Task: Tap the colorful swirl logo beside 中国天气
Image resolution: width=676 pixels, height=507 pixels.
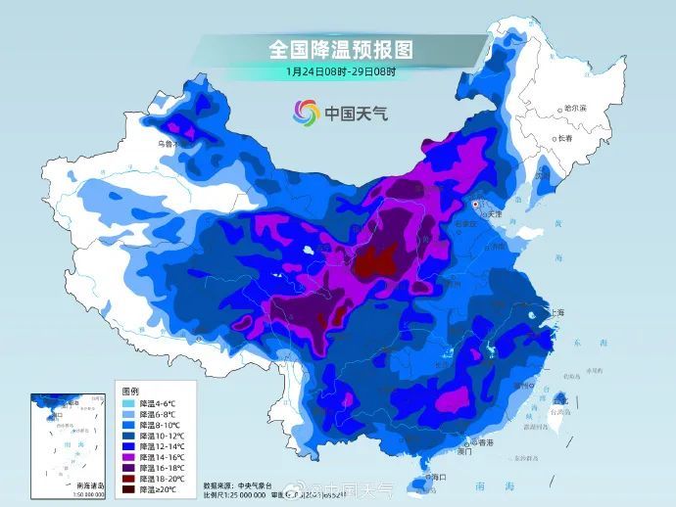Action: click(306, 113)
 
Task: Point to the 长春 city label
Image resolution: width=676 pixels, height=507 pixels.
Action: click(564, 138)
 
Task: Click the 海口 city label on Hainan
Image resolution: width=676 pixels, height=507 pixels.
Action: click(437, 477)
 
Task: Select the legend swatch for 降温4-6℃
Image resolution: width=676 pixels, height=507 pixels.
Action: click(127, 402)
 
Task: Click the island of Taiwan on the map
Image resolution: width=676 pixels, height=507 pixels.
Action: click(559, 402)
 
